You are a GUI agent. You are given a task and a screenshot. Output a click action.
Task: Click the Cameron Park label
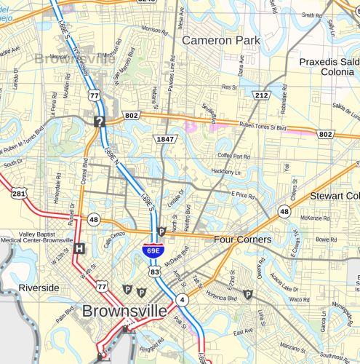click(220, 40)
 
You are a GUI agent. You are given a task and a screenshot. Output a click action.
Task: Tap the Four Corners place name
click(242, 240)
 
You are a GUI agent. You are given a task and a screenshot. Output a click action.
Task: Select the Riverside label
click(39, 288)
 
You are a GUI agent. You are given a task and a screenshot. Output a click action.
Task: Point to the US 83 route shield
click(155, 271)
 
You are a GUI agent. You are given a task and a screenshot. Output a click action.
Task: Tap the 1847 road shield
click(164, 138)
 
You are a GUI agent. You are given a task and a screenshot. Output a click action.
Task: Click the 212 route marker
click(262, 95)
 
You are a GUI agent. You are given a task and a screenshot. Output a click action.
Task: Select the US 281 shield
click(20, 193)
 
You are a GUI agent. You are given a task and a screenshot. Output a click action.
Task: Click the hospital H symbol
click(79, 248)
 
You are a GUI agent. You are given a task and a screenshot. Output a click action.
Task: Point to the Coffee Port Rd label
click(234, 155)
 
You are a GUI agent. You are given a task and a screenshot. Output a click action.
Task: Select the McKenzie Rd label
click(315, 217)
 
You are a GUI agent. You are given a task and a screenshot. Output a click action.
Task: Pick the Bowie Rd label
click(327, 238)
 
